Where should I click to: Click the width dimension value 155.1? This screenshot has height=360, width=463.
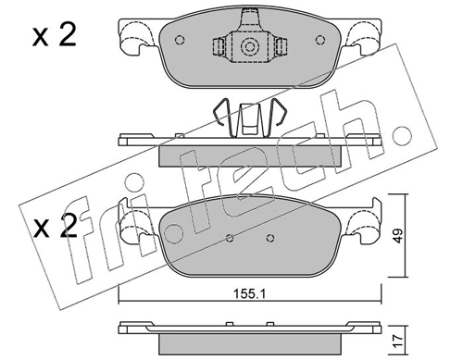point(249,294)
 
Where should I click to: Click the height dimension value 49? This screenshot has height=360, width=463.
point(398,236)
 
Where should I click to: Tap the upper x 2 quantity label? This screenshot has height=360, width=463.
point(55,36)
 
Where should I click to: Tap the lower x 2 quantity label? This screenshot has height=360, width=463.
point(55,228)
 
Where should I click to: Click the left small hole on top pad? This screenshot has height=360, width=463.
point(180,40)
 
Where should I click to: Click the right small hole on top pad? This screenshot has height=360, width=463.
point(320,40)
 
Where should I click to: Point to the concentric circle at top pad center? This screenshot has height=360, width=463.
point(249,47)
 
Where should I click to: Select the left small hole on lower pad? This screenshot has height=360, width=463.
point(230,238)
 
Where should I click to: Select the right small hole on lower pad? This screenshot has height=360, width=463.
point(270,238)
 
